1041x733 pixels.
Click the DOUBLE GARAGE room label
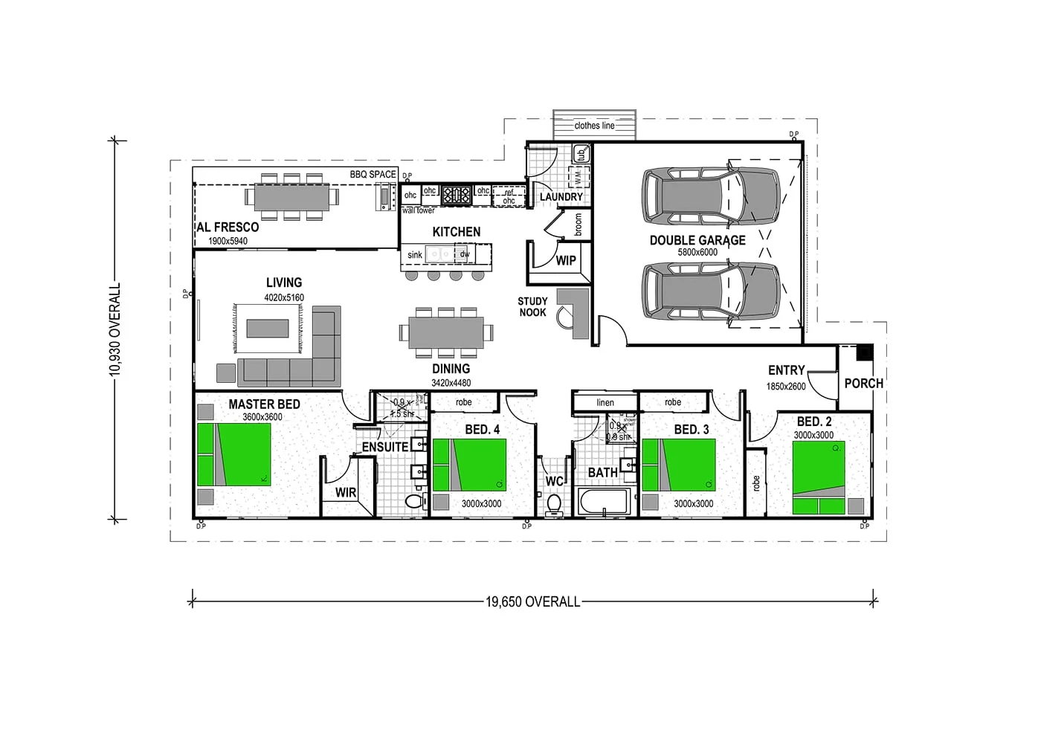click(x=697, y=240)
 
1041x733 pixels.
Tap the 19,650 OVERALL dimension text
click(x=532, y=601)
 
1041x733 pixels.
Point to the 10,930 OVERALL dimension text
click(x=115, y=329)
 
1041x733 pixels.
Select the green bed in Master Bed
click(x=234, y=454)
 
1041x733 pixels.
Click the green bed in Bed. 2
click(x=819, y=477)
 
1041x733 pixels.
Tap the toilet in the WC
click(x=553, y=505)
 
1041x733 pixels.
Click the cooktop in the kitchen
click(x=456, y=196)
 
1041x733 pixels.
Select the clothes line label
click(x=594, y=126)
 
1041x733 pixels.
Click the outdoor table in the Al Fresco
click(x=291, y=197)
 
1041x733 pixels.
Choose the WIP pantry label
click(x=566, y=260)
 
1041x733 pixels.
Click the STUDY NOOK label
click(x=532, y=306)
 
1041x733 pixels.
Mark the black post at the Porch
click(x=864, y=352)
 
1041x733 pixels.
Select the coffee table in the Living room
click(x=268, y=328)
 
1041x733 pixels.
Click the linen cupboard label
click(x=605, y=402)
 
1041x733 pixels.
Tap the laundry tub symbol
click(x=581, y=155)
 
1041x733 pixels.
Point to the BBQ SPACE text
click(x=373, y=175)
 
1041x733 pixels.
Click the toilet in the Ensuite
click(x=414, y=500)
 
